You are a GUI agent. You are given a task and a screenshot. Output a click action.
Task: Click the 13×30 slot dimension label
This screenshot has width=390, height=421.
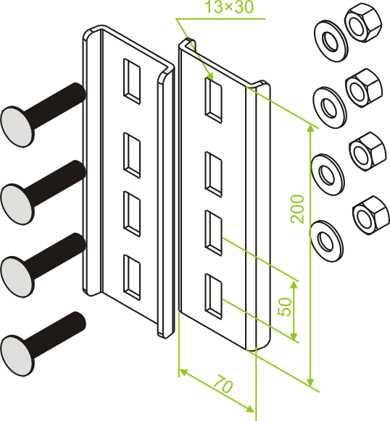pyautogui.click(x=229, y=7)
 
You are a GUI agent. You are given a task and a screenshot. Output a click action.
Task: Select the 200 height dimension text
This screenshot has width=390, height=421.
pyautogui.click(x=297, y=209)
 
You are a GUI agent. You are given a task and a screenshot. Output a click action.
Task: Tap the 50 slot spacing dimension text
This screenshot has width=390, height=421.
pyautogui.click(x=285, y=307)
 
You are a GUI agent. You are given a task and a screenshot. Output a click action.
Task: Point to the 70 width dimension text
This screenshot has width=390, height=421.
pyautogui.click(x=223, y=385)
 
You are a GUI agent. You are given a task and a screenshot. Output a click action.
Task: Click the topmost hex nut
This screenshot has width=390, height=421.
pyautogui.click(x=363, y=25)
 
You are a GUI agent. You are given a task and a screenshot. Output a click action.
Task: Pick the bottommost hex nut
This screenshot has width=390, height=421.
pyautogui.click(x=371, y=215)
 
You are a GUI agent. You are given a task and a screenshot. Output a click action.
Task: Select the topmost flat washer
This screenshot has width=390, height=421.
pyautogui.click(x=331, y=41)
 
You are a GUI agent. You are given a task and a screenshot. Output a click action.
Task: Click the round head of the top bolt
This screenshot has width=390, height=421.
pyautogui.click(x=17, y=126)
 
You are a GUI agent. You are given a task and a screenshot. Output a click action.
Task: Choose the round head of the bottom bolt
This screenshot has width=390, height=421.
pyautogui.click(x=17, y=354)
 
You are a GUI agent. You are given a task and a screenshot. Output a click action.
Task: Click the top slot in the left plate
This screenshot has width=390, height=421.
pyautogui.click(x=132, y=81)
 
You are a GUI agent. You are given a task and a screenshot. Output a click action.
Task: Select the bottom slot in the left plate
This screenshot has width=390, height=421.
pyautogui.click(x=132, y=277)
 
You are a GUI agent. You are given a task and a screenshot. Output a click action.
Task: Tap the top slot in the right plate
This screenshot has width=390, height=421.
pyautogui.click(x=214, y=101)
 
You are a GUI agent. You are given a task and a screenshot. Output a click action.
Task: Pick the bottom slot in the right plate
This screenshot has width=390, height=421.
pyautogui.click(x=214, y=297)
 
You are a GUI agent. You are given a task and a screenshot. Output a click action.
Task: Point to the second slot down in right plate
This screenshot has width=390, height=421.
pyautogui.click(x=214, y=174)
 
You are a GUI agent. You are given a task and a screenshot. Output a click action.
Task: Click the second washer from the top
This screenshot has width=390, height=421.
pyautogui.click(x=330, y=107)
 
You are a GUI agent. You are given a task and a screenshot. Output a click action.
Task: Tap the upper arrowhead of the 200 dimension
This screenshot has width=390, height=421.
pyautogui.click(x=310, y=128)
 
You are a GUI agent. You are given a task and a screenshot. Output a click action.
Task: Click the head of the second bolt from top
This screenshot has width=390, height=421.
pyautogui.click(x=17, y=204)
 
